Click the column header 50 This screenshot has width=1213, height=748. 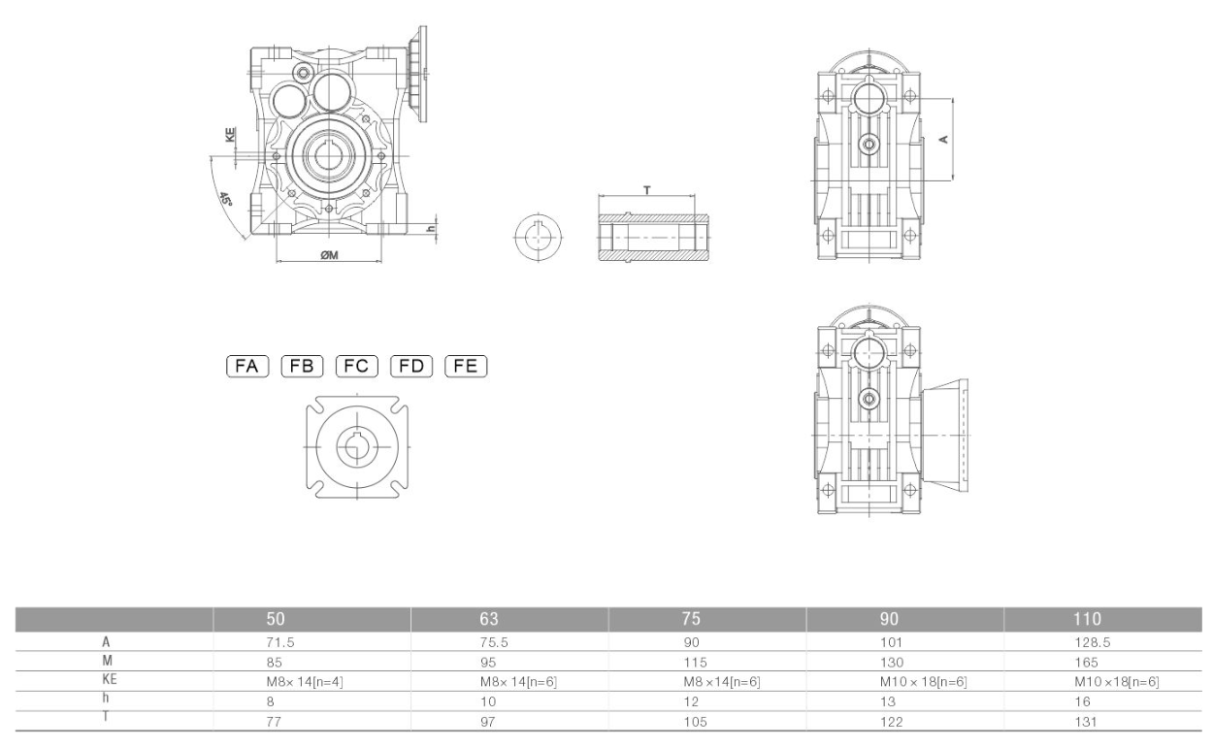click(x=277, y=618)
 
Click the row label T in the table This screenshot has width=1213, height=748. click(x=104, y=718)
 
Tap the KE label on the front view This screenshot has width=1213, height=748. click(x=230, y=137)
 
